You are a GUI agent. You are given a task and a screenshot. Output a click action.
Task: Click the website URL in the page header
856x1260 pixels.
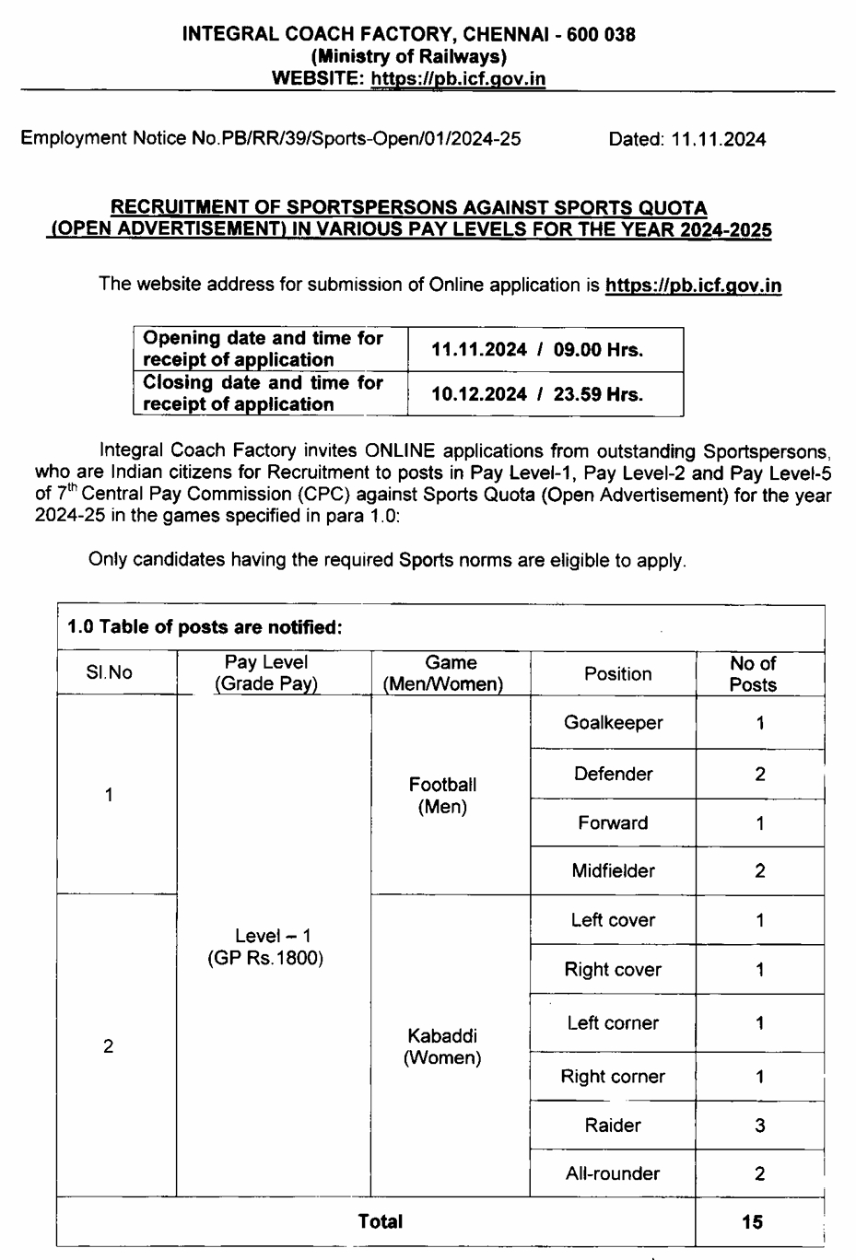458,79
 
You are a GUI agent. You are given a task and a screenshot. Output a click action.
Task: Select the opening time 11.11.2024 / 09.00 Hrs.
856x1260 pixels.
537,350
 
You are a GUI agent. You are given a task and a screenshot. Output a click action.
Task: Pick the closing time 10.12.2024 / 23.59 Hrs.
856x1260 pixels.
537,394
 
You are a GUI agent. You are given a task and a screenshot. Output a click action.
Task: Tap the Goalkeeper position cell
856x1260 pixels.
613,723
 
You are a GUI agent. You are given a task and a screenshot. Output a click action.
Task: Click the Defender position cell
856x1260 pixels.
613,774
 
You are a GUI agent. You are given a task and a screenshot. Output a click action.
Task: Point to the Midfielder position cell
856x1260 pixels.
613,870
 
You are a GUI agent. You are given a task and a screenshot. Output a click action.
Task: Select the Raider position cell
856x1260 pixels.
613,1125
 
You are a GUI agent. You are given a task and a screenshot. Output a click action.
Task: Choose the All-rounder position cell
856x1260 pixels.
613,1173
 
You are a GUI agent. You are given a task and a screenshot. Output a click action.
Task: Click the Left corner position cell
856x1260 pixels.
613,1022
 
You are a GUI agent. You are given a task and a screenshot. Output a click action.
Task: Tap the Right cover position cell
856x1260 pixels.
613,969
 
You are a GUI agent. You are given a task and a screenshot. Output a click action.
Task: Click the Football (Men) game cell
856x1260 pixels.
442,796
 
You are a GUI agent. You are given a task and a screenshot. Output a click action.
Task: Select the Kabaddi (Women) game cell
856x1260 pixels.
442,1047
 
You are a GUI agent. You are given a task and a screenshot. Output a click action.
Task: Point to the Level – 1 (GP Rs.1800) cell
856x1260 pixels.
265,947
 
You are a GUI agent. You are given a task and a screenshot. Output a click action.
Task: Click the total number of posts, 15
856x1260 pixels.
752,1221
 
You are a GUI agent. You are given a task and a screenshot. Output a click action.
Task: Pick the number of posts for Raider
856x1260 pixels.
760,1125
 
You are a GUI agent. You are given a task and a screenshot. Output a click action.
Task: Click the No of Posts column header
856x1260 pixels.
753,674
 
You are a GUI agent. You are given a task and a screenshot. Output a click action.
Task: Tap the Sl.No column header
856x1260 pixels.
109,673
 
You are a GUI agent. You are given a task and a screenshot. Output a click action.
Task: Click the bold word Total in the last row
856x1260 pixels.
380,1221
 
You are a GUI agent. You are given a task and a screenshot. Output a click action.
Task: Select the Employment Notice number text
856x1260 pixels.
271,139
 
